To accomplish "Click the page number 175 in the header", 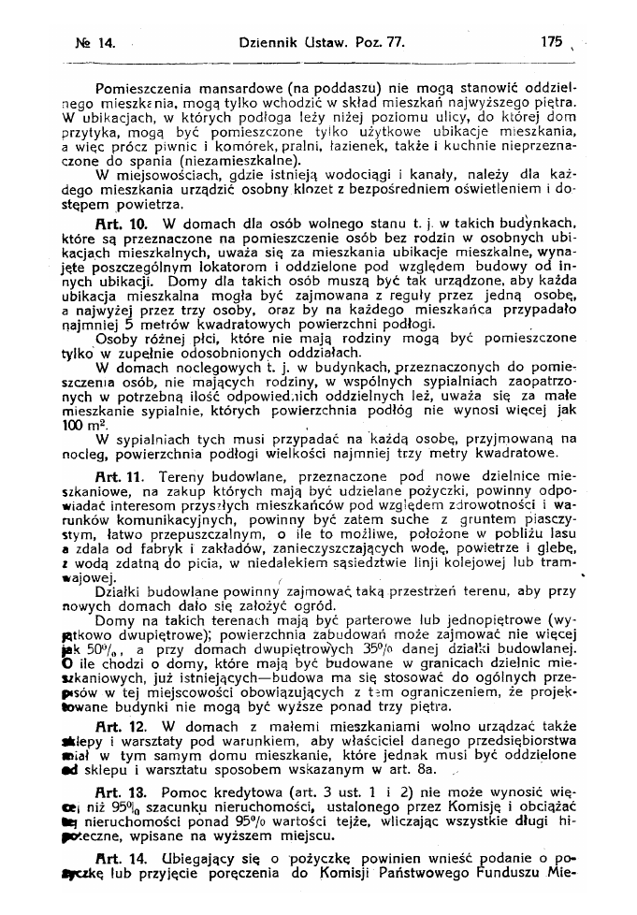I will click(x=554, y=41).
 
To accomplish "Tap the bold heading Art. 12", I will click(x=120, y=725).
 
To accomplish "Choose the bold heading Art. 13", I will click(x=120, y=792).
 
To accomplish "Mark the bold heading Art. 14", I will click(x=120, y=858).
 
